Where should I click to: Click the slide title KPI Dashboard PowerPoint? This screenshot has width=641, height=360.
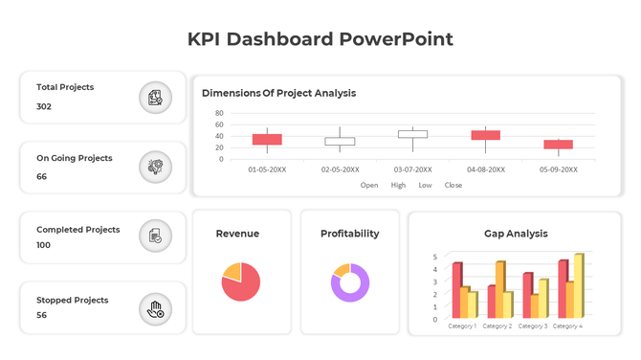tap(320, 39)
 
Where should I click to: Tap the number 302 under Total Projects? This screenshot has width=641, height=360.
tap(44, 106)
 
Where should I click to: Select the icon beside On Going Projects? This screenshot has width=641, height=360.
tap(154, 167)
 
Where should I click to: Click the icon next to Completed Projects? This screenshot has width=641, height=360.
tap(154, 236)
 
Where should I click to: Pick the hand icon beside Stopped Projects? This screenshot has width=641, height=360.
tap(154, 307)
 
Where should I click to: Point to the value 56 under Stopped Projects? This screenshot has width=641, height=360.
tap(42, 315)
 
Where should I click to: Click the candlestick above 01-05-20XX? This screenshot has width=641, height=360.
tap(267, 140)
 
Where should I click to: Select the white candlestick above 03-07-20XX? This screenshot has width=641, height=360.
tap(412, 135)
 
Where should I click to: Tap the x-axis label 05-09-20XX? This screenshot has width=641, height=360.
tap(559, 169)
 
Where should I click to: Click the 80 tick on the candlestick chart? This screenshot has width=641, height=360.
tap(219, 113)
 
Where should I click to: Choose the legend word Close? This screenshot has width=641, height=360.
tap(453, 185)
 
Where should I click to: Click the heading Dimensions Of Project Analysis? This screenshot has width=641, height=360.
tap(278, 93)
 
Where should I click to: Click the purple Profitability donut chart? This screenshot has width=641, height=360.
tap(350, 282)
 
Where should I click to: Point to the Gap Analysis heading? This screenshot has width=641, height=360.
tap(516, 234)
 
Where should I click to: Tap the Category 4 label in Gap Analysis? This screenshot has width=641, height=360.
tap(566, 326)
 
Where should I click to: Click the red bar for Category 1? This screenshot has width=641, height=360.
tap(456, 290)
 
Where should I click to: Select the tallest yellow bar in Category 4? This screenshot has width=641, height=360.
tap(578, 286)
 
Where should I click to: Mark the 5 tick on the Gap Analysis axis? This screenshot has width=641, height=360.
tap(435, 258)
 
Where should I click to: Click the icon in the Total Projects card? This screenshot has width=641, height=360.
tap(154, 97)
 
